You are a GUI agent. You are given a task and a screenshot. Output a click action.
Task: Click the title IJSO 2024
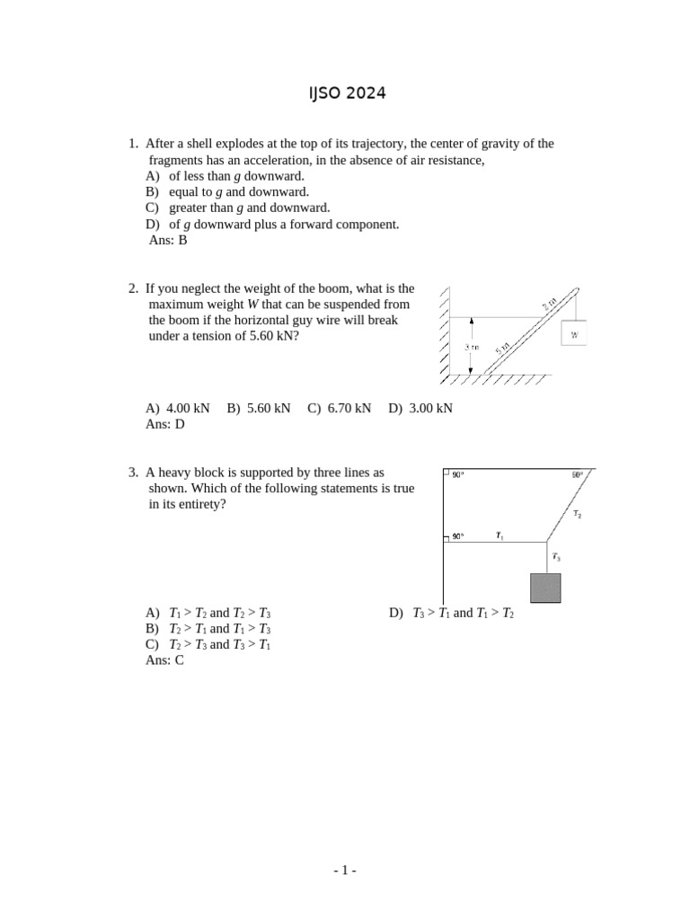click(346, 93)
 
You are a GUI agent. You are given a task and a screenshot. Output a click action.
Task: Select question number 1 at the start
click(133, 144)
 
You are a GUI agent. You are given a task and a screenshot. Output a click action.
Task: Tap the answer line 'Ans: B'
click(167, 240)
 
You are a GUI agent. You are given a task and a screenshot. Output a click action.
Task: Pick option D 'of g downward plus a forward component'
click(272, 224)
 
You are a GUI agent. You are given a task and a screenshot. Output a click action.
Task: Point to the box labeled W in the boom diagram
click(573, 333)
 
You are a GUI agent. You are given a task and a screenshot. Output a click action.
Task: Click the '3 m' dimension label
click(471, 346)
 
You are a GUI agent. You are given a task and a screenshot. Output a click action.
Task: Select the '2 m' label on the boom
click(550, 304)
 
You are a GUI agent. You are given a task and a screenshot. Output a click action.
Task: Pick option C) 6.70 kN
click(339, 408)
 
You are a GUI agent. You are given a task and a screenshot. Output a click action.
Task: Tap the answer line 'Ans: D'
click(164, 424)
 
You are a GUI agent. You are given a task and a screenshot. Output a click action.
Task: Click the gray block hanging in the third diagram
click(546, 587)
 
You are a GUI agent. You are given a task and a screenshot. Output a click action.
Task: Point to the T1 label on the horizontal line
click(500, 536)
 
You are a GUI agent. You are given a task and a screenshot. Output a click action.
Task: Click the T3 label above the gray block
click(556, 557)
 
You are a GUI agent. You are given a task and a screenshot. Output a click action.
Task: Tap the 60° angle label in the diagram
click(577, 474)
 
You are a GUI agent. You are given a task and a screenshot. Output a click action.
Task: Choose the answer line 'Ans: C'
click(164, 660)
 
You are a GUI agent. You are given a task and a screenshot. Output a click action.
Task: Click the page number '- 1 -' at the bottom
click(345, 870)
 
